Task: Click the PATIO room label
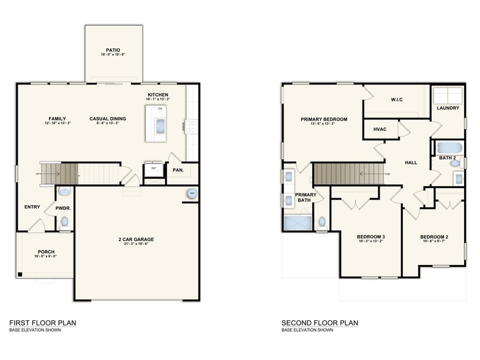(x=112, y=50)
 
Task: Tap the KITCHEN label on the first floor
(x=158, y=94)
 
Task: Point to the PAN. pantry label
(x=178, y=170)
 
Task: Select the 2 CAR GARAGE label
(x=136, y=239)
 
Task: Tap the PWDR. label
(x=64, y=208)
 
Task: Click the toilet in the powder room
(x=64, y=222)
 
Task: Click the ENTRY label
(x=32, y=206)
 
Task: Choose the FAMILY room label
(x=57, y=118)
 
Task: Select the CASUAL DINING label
(x=107, y=118)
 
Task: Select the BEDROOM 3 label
(x=371, y=236)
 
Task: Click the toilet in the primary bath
(x=322, y=223)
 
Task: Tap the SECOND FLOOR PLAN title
(x=320, y=323)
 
